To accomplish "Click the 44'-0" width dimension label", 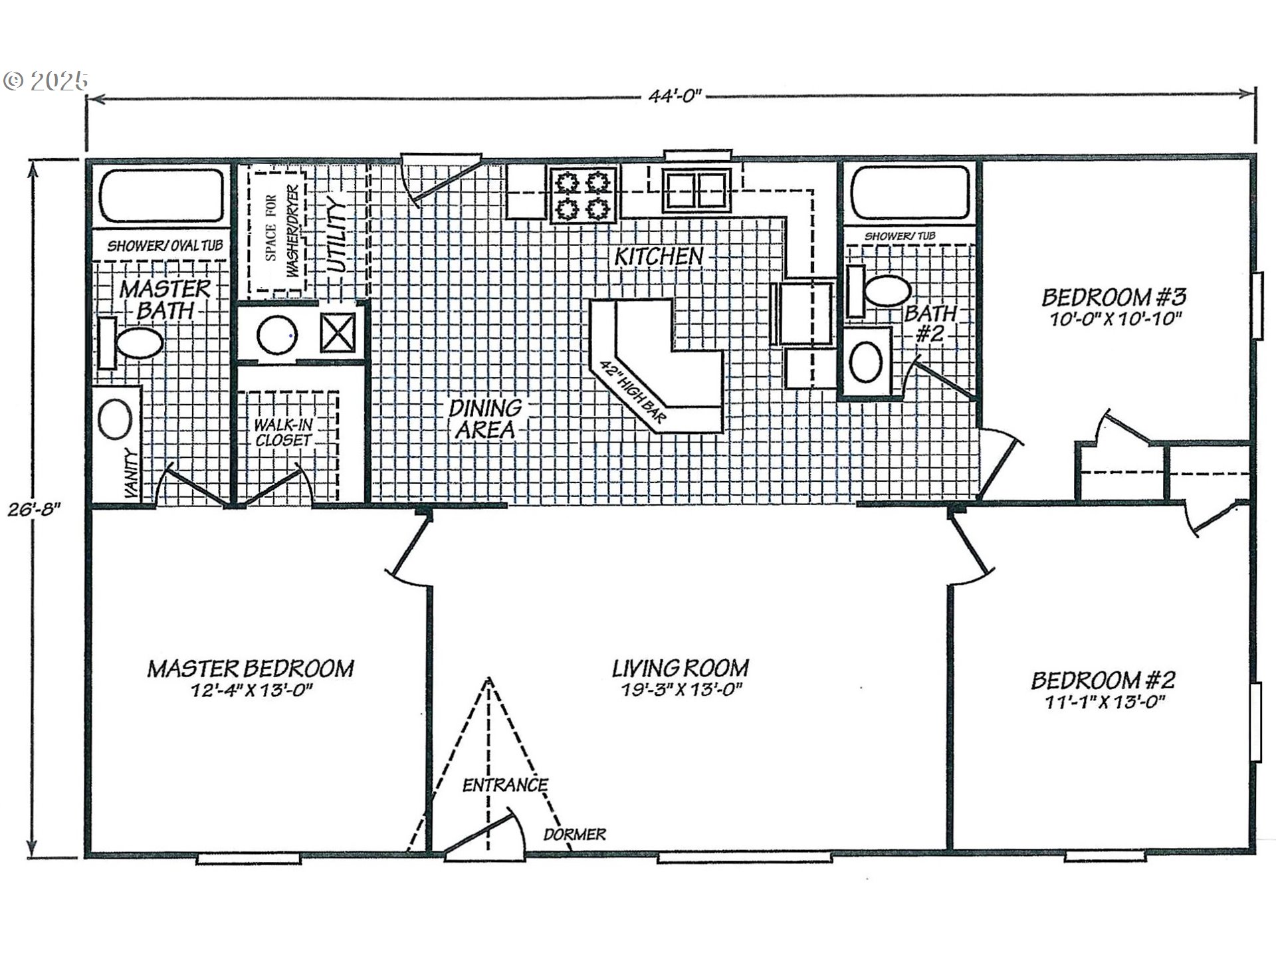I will click(x=675, y=96).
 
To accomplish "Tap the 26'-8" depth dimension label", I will click(x=35, y=510).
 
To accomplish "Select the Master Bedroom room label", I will click(x=251, y=668).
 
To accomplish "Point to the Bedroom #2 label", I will click(x=1103, y=680).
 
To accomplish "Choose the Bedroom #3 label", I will click(x=1114, y=296).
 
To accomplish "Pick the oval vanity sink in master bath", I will click(x=115, y=419).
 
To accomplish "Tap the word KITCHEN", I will click(x=658, y=257).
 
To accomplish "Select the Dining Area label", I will click(x=485, y=419).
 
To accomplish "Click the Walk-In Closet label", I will click(x=284, y=432).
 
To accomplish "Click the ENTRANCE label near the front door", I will click(x=505, y=786).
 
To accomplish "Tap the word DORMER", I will click(x=574, y=835).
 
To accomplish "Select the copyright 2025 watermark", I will click(x=45, y=81).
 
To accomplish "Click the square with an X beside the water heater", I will click(x=338, y=333).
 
